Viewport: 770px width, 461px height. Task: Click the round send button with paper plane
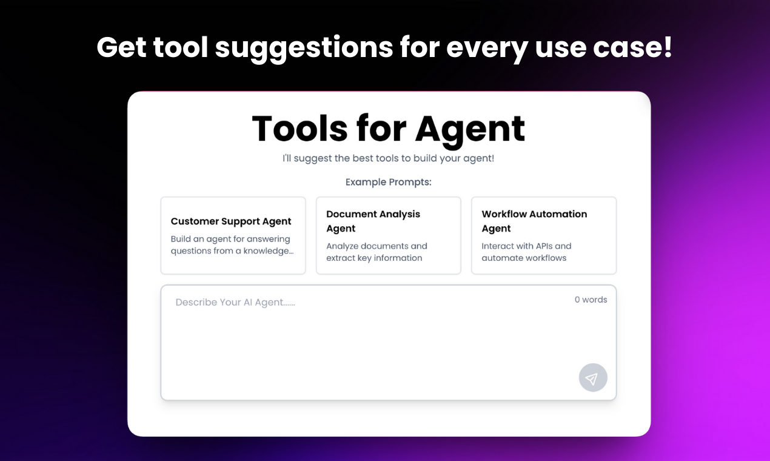pos(592,378)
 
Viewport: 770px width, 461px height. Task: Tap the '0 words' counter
pos(591,300)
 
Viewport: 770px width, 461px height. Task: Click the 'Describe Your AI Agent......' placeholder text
pos(235,302)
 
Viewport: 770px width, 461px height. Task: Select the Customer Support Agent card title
pos(231,221)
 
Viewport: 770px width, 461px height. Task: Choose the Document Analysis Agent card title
pos(373,221)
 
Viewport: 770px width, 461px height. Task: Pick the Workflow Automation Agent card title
pos(534,221)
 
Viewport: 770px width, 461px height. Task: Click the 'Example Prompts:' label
pos(388,182)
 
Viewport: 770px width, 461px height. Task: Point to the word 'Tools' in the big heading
pos(300,129)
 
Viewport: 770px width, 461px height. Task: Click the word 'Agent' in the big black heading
pos(470,129)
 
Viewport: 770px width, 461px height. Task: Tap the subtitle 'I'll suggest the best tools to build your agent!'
pos(388,158)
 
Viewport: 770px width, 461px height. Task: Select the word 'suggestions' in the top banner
pos(304,47)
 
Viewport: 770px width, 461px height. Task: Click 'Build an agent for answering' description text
pos(230,239)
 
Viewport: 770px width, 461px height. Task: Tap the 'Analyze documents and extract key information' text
pos(376,252)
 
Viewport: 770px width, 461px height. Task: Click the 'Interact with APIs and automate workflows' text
pos(526,252)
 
